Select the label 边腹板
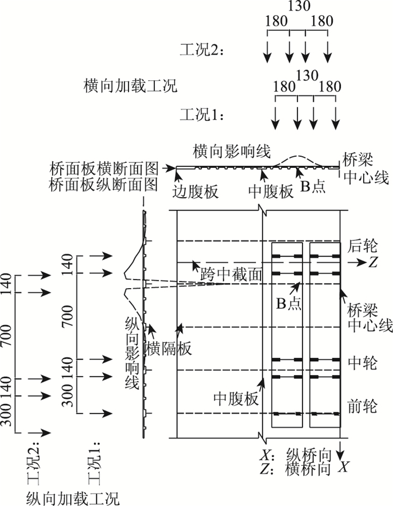pyautogui.click(x=196, y=192)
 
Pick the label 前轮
pyautogui.click(x=362, y=405)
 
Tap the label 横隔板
pyautogui.click(x=168, y=348)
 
